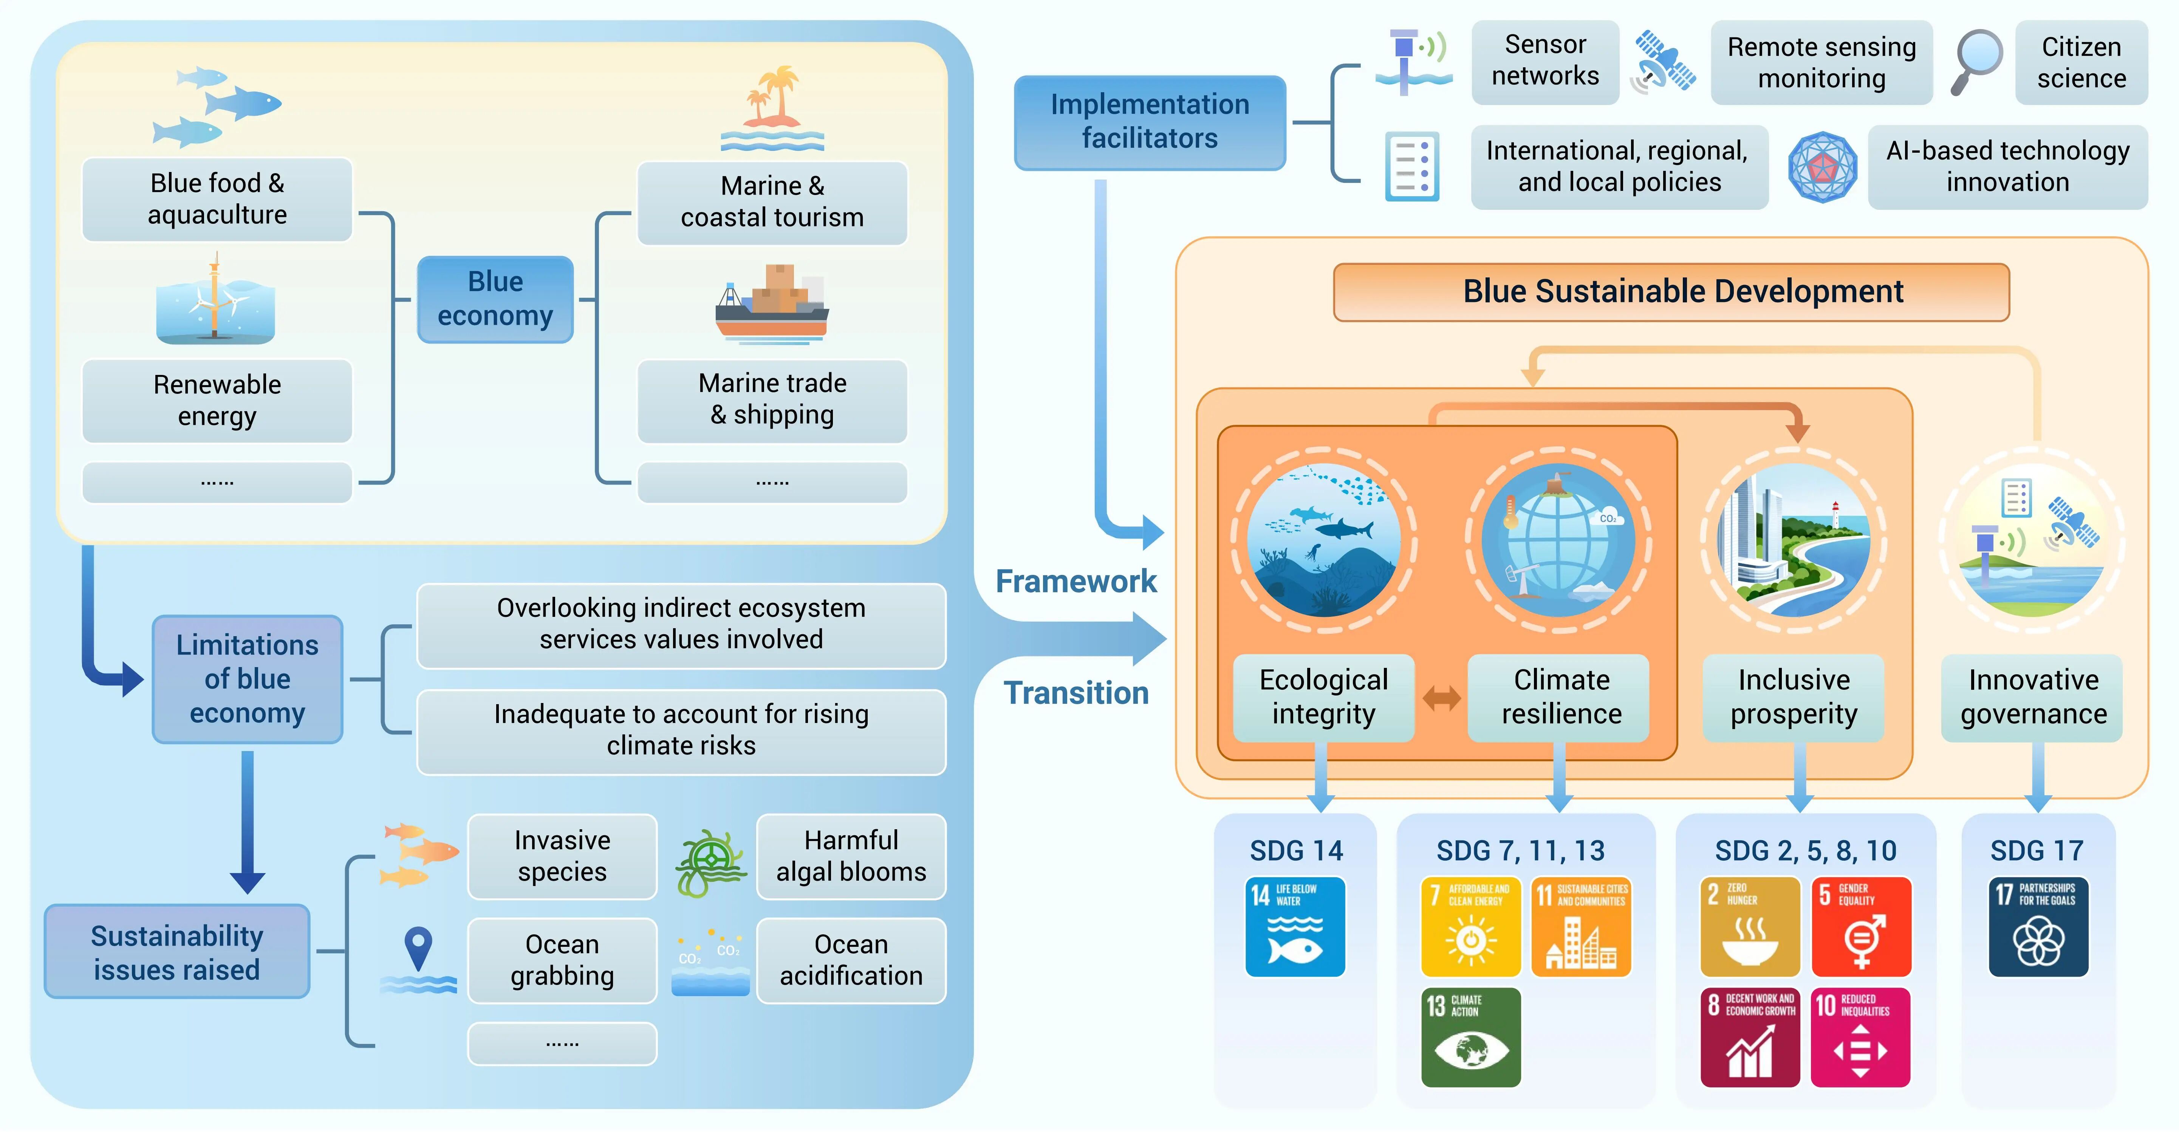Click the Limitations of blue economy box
click(247, 678)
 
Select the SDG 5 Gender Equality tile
click(1861, 926)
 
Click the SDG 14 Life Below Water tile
click(1295, 926)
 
